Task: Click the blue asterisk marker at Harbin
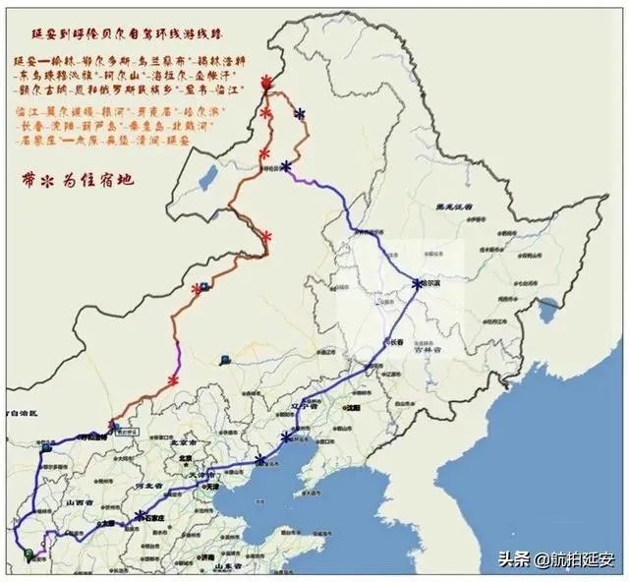pyautogui.click(x=418, y=284)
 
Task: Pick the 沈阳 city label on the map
pyautogui.click(x=352, y=406)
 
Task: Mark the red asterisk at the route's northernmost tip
pyautogui.click(x=265, y=86)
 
